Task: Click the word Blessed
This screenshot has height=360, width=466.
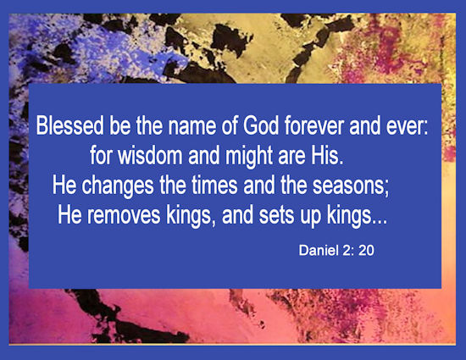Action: (x=69, y=125)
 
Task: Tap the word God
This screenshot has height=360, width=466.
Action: (x=261, y=125)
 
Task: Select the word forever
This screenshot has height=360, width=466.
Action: (x=314, y=125)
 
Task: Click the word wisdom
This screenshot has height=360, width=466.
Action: (x=150, y=155)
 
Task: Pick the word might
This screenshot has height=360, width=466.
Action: (x=249, y=157)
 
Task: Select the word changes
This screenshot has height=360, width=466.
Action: (x=118, y=186)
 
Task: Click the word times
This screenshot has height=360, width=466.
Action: (x=214, y=185)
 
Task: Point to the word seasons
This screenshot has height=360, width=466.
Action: (x=351, y=186)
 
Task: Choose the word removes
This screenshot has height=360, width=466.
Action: (x=124, y=216)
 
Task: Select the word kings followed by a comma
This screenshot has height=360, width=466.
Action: (x=191, y=216)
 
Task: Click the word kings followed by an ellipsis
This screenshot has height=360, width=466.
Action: (x=358, y=216)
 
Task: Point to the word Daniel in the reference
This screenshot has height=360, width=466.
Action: (x=319, y=251)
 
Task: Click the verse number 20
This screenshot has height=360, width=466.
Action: (x=366, y=251)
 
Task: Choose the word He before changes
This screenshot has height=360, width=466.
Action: (x=64, y=185)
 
